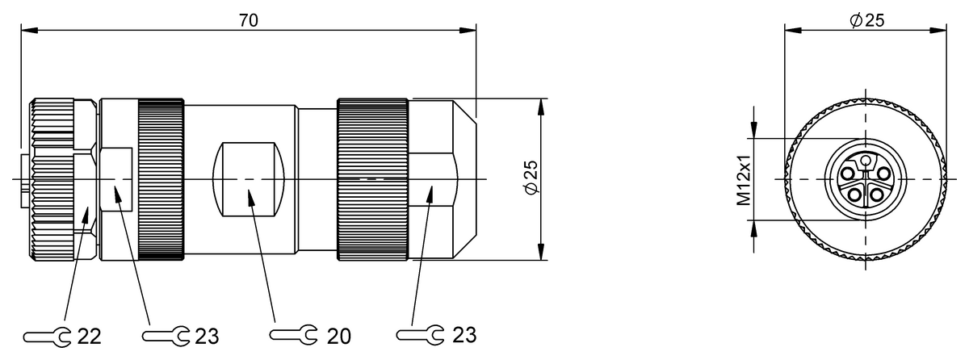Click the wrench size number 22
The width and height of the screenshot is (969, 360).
point(89,334)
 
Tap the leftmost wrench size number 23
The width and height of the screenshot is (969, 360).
point(207,334)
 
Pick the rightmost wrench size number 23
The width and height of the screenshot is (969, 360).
point(464,334)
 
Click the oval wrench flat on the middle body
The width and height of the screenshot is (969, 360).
point(250,178)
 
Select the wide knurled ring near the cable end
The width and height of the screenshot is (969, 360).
point(372,179)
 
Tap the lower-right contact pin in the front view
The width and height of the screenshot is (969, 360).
point(879,194)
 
